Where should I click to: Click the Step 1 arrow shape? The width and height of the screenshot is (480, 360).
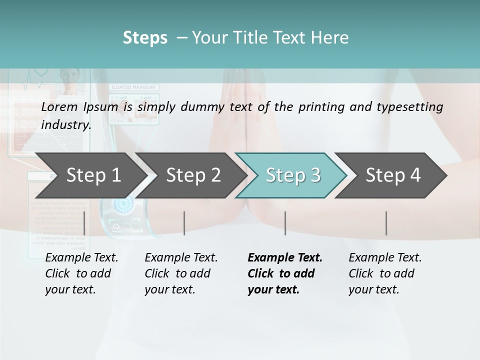click(90, 175)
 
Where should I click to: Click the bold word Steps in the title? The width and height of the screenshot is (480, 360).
click(145, 37)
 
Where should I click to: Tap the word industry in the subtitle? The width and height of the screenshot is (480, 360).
click(66, 124)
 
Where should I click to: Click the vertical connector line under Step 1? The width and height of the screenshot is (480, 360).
click(84, 223)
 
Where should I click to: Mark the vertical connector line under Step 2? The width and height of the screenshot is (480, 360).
click(184, 223)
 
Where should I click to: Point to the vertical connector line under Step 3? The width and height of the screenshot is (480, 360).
click(285, 223)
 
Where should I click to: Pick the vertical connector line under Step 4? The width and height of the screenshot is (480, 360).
click(386, 223)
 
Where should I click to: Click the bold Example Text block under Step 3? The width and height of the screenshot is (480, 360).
click(285, 273)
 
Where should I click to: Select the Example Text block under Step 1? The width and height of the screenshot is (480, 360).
click(81, 273)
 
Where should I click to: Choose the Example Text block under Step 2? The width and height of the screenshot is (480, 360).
click(181, 273)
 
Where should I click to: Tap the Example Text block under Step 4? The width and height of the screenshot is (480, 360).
click(385, 273)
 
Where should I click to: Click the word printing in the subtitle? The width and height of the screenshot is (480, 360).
click(320, 106)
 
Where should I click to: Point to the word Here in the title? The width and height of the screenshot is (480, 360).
click(332, 37)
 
